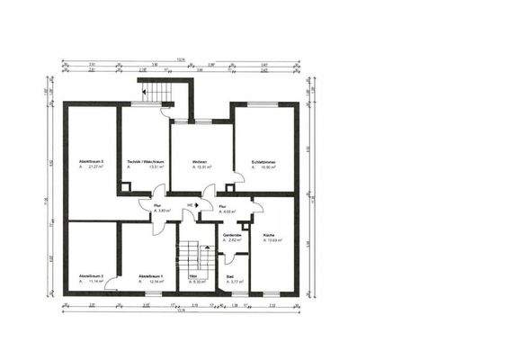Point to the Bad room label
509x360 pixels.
click(230, 276)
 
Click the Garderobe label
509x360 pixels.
click(231, 234)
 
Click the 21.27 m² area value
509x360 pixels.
click(92, 167)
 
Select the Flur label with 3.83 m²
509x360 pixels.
click(156, 204)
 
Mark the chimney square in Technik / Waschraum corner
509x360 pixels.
click(126, 187)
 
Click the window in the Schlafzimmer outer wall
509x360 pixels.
click(263, 103)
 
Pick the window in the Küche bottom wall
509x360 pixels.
click(272, 293)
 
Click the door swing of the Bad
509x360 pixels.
click(225, 259)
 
